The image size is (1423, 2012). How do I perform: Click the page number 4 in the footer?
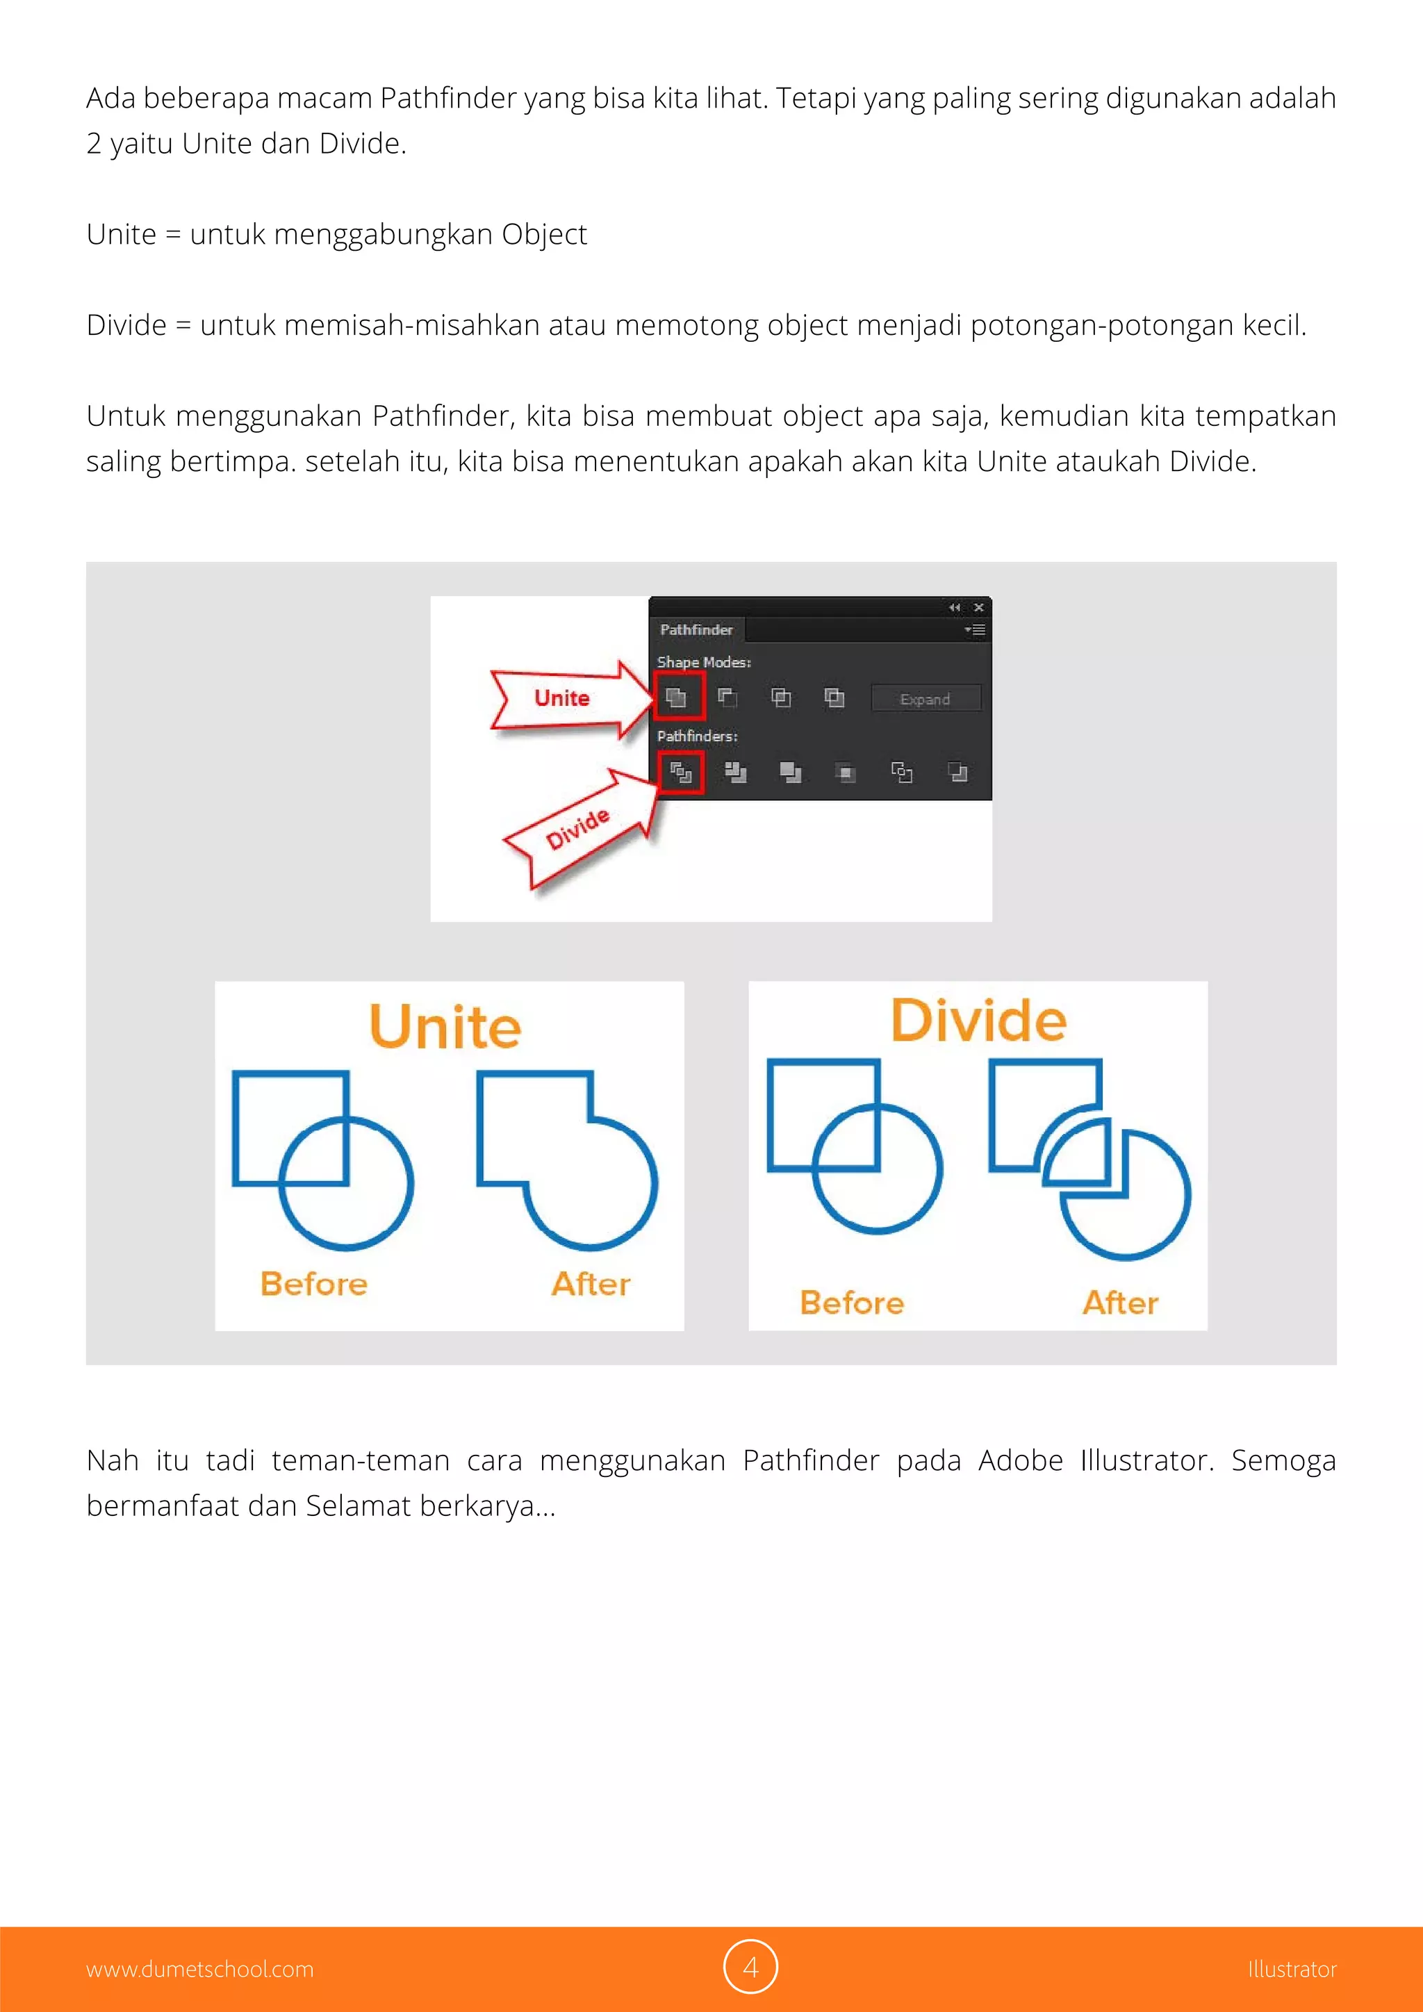click(x=750, y=1968)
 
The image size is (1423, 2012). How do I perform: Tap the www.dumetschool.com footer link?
click(x=200, y=1969)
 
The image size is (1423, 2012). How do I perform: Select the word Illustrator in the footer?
click(x=1292, y=1969)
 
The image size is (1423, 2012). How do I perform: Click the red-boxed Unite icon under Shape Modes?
click(x=677, y=698)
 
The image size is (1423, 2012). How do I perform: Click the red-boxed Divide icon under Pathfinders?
click(x=681, y=772)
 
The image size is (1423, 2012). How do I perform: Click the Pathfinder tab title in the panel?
click(x=696, y=629)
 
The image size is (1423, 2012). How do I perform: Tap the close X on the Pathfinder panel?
click(x=979, y=607)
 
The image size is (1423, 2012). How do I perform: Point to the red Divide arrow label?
click(x=577, y=829)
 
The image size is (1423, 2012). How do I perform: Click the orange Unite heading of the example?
click(x=445, y=1026)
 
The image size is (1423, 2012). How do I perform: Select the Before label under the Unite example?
click(x=313, y=1284)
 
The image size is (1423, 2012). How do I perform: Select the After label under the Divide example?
click(x=1120, y=1303)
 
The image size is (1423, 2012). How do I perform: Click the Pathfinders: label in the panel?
click(x=698, y=736)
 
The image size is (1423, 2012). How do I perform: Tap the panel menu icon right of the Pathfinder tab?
click(x=976, y=630)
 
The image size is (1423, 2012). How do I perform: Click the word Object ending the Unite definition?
click(x=543, y=235)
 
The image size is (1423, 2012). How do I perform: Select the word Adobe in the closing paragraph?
click(x=1020, y=1461)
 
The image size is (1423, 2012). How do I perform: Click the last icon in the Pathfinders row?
click(x=957, y=772)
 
